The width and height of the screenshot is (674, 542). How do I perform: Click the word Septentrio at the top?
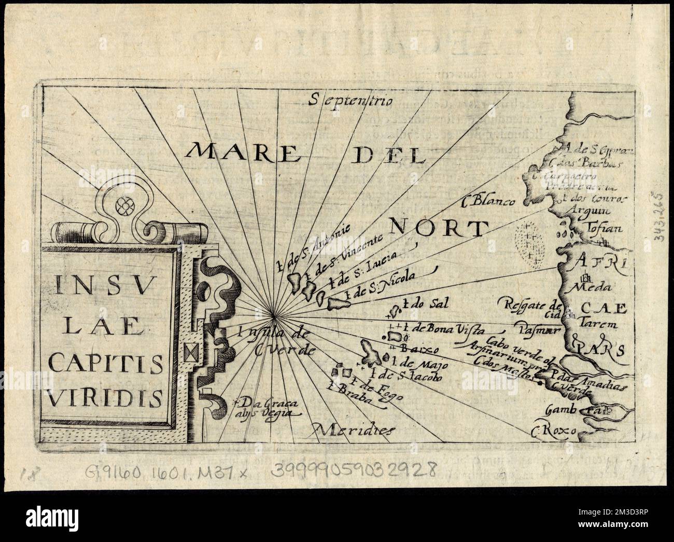pyautogui.click(x=350, y=100)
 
